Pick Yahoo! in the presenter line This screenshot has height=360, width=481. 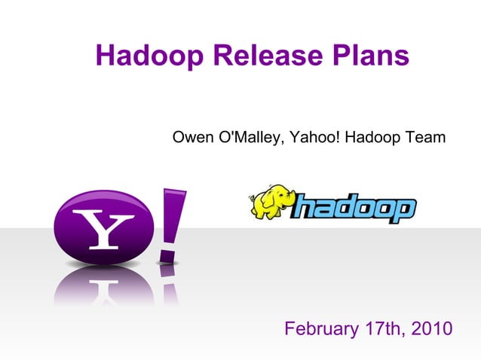[312, 138]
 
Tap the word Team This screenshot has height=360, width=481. [425, 138]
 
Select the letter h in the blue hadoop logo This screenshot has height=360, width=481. [305, 207]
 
